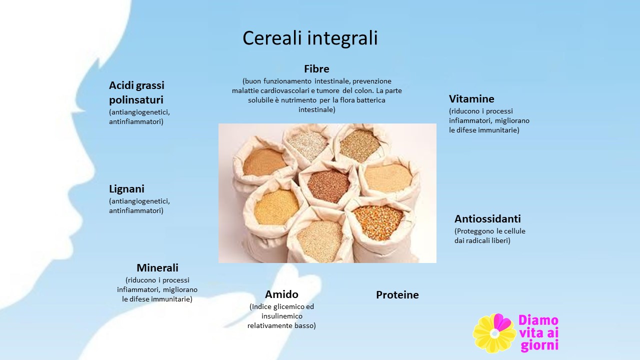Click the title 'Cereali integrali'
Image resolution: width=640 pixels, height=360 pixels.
pyautogui.click(x=310, y=38)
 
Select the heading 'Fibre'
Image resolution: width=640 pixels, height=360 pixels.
pyautogui.click(x=316, y=69)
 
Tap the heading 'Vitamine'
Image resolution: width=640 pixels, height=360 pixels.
pyautogui.click(x=471, y=99)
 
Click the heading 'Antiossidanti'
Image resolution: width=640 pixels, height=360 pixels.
pyautogui.click(x=487, y=219)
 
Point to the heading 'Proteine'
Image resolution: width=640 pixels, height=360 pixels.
pyautogui.click(x=397, y=295)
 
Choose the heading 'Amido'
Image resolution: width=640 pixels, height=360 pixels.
pyautogui.click(x=281, y=294)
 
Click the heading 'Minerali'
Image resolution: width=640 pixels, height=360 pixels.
pyautogui.click(x=157, y=267)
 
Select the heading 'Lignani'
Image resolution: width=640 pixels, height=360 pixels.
pyautogui.click(x=126, y=189)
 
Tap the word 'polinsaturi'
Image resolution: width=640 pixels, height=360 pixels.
pyautogui.click(x=136, y=100)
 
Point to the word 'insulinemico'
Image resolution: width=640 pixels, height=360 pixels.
pyautogui.click(x=282, y=316)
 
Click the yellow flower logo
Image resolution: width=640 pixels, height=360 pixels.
pyautogui.click(x=495, y=333)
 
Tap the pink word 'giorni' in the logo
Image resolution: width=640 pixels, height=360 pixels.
pyautogui.click(x=539, y=345)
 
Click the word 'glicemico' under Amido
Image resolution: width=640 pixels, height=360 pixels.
pyautogui.click(x=288, y=307)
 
